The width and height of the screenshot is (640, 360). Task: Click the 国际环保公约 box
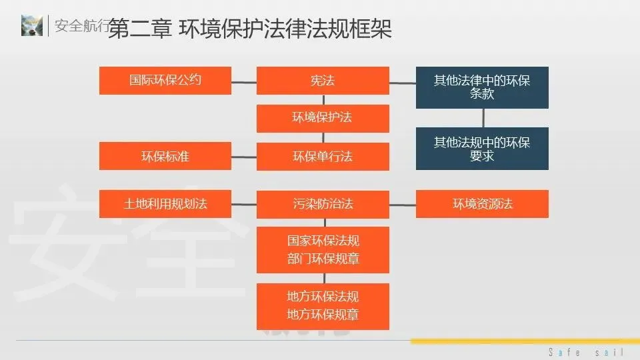click(165, 81)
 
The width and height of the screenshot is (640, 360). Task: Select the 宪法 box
click(323, 81)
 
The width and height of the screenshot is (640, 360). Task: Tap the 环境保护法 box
click(323, 118)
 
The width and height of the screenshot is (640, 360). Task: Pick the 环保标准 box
click(165, 157)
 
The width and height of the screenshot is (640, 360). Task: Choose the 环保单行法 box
click(323, 157)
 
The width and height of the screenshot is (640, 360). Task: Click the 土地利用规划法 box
click(165, 204)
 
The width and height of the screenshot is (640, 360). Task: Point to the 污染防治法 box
click(323, 204)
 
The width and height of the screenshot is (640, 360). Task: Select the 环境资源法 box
click(482, 204)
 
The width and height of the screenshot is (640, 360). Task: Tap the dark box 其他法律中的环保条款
click(482, 87)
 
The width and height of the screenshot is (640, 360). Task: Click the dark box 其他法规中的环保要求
click(482, 149)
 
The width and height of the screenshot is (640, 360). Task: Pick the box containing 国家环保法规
click(323, 249)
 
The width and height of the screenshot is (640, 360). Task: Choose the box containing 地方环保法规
click(323, 305)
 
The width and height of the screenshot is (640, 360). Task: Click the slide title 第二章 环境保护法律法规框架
click(249, 29)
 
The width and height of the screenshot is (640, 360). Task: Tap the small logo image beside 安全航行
click(31, 25)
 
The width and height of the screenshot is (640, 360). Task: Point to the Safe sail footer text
click(585, 352)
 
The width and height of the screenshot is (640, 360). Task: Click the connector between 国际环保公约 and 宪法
click(244, 83)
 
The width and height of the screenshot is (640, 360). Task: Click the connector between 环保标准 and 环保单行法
click(244, 157)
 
